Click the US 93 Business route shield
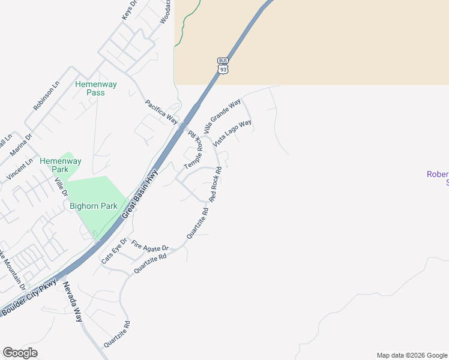[223, 66]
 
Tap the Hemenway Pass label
[90, 88]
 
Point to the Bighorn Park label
[93, 206]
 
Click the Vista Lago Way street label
[232, 133]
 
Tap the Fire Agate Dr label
[150, 247]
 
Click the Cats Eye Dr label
[114, 251]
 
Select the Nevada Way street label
[72, 302]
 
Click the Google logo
[20, 353]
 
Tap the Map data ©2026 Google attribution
[412, 355]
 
